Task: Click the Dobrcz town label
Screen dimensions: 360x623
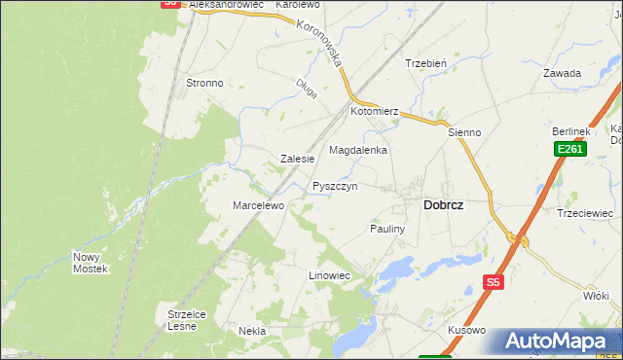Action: (443, 205)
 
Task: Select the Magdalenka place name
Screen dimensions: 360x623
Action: (358, 151)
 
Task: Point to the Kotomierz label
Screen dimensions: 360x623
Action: (376, 112)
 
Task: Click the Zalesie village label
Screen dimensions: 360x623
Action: (297, 159)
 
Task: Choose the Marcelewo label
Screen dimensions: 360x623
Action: (257, 205)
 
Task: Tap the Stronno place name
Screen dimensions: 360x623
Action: (204, 83)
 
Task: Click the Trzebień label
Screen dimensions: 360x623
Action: (425, 63)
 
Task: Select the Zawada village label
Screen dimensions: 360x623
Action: (563, 73)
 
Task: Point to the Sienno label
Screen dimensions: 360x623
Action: (464, 131)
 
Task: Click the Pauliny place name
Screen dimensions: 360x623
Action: (386, 229)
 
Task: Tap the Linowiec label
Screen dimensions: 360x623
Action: (329, 276)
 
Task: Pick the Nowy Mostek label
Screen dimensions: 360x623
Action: (90, 263)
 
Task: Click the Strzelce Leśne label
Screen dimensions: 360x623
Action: (182, 320)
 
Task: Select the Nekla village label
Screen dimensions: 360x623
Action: (252, 331)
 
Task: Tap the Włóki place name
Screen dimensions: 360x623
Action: (595, 294)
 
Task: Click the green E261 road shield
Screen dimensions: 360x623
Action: (569, 149)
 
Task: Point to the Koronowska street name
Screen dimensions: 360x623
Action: (322, 44)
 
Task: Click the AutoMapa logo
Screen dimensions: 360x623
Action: (559, 342)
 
